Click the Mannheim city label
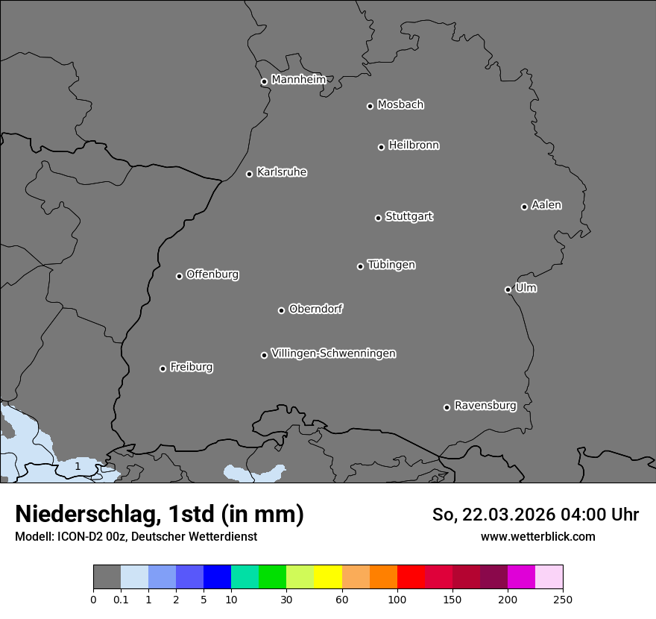pos(298,80)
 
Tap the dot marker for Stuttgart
pos(378,218)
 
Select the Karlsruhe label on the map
pos(281,172)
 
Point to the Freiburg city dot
pos(163,368)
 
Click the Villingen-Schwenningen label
pos(333,354)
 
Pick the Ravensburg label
pos(485,406)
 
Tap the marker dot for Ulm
pos(508,289)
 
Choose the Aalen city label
pos(546,205)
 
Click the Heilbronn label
pos(413,145)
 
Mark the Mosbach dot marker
pos(370,106)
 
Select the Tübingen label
pos(391,265)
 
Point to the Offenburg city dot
pos(179,276)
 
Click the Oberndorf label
pos(315,309)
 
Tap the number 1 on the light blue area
pos(78,466)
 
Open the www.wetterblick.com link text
pos(537,536)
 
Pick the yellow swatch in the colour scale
pos(328,577)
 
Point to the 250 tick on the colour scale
pos(563,599)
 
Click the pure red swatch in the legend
pos(411,577)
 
